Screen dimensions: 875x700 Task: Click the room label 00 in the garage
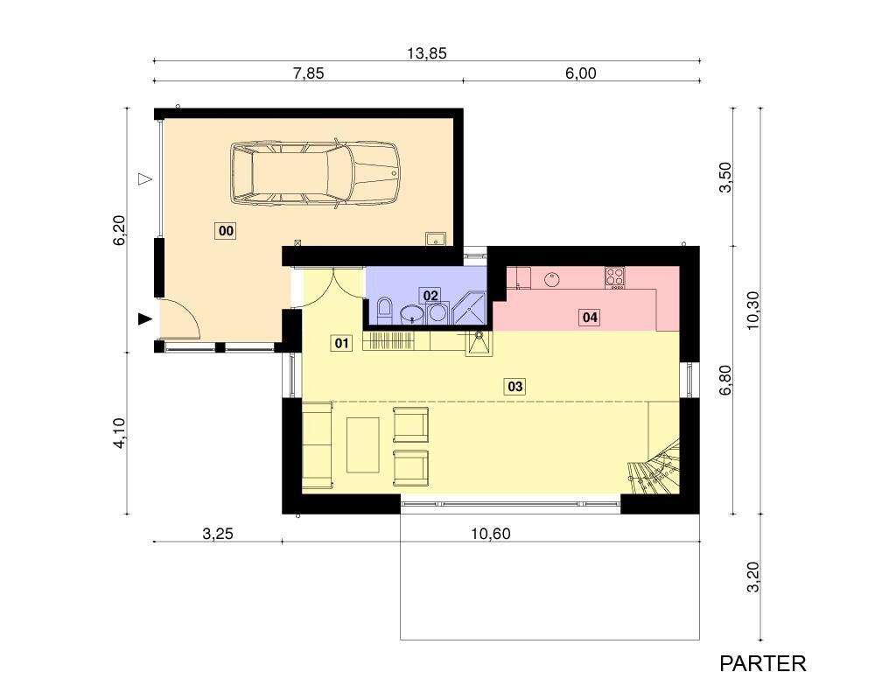click(226, 230)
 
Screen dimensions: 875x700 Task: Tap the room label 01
click(341, 343)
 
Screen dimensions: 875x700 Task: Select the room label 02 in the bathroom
click(430, 295)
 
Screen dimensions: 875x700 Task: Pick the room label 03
click(515, 386)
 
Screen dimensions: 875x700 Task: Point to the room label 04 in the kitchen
click(590, 318)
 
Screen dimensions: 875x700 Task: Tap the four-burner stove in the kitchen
click(615, 276)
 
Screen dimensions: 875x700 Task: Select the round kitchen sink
click(552, 278)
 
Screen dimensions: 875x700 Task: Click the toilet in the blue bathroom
click(385, 310)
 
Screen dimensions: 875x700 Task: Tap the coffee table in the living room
click(363, 444)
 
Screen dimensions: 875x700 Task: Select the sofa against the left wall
click(317, 445)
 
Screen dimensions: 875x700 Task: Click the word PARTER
click(763, 664)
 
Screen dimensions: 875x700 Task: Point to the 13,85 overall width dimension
click(427, 53)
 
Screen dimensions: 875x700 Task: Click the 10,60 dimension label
click(491, 535)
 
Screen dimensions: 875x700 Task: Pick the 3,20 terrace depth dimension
click(752, 577)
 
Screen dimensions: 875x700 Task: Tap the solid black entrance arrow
click(145, 318)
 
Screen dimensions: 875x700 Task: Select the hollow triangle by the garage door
click(145, 179)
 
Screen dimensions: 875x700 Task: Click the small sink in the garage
click(435, 239)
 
